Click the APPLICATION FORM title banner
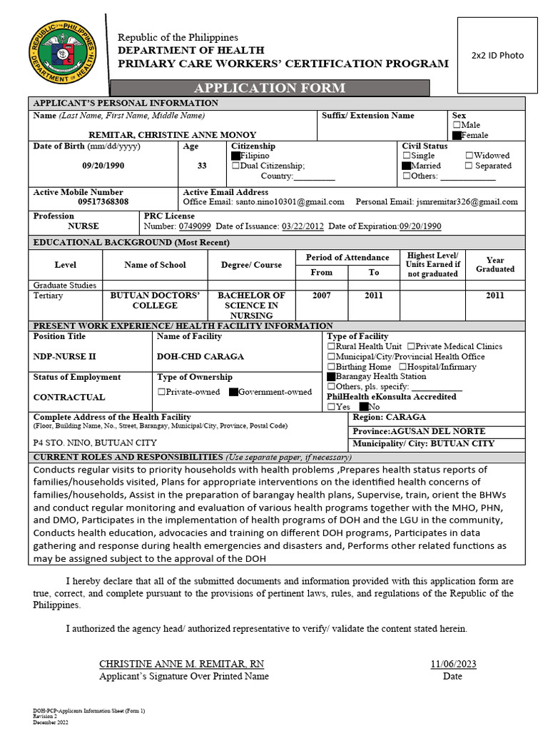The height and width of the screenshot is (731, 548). pos(270,89)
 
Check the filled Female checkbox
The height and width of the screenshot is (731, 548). pos(457,135)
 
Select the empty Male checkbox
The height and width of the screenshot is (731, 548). pos(457,125)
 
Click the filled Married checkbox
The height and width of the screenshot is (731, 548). pos(407,166)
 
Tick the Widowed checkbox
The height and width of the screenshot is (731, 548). pos(469,156)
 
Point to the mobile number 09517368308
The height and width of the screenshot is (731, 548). pos(103,202)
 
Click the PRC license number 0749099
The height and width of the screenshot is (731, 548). pos(194,226)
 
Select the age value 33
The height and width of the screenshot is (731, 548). pos(202,166)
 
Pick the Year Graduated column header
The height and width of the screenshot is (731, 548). pos(494,265)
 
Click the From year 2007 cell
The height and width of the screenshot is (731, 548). pos(322,296)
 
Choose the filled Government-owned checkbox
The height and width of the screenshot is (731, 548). pos(233,392)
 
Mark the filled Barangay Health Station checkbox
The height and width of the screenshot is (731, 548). pos(331,376)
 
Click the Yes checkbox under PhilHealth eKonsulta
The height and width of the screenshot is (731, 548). pos(331,407)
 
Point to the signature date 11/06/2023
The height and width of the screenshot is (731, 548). pos(453,664)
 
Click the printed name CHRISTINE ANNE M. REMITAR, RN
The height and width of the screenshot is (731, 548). pos(181,664)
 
